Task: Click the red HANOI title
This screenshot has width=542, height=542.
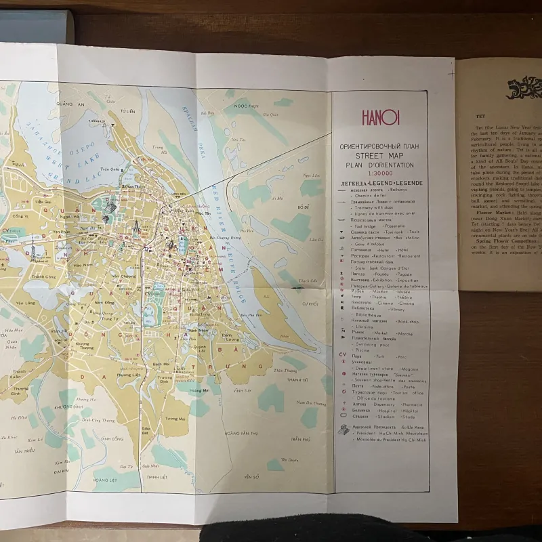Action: coord(381,119)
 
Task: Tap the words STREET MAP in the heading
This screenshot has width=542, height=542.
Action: coord(380,156)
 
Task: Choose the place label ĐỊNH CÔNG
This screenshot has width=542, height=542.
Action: coord(111,438)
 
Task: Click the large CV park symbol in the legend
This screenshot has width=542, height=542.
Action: coord(343,354)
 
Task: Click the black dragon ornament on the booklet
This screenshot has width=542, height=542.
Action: coord(522,88)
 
